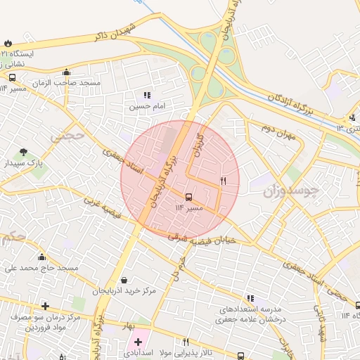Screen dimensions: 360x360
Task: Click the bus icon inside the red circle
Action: (188, 197)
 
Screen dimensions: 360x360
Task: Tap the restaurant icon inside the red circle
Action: (223, 181)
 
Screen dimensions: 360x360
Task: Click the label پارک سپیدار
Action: (23, 163)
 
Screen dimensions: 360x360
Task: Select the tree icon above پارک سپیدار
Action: (24, 152)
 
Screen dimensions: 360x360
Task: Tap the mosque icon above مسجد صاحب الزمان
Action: (66, 72)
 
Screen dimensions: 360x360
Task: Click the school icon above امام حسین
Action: (146, 95)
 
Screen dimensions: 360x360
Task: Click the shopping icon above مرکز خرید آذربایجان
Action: (124, 280)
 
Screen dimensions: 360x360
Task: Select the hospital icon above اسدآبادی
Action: (138, 342)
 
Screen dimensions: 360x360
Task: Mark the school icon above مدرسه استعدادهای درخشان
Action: (250, 298)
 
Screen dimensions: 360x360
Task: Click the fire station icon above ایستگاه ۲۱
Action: (8, 43)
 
